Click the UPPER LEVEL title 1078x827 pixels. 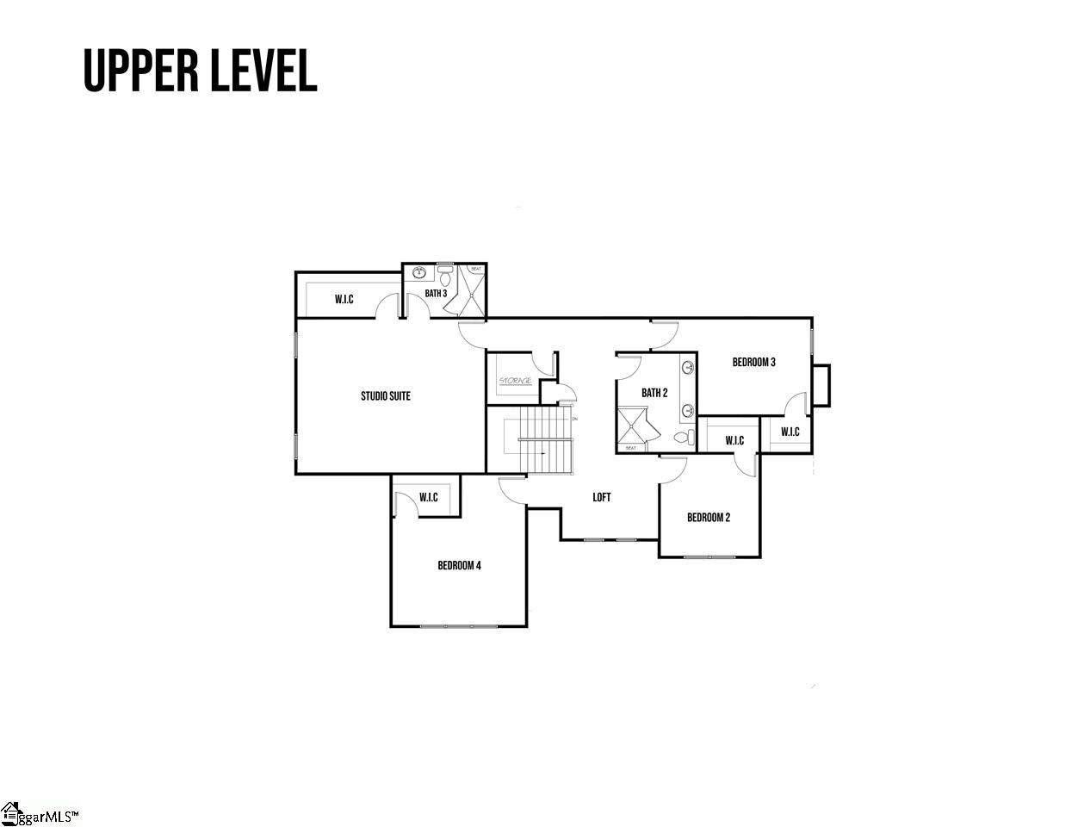pos(200,71)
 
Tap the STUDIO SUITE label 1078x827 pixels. pos(385,396)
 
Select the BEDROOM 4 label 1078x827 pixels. pos(459,565)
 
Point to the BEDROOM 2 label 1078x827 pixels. pos(709,518)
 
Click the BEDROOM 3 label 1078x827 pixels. pos(753,363)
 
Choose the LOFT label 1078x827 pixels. pos(602,497)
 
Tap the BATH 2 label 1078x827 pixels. pos(654,393)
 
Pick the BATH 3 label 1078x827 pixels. pos(436,294)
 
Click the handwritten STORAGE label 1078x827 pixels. pos(516,381)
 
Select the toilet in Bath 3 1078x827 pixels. pos(445,277)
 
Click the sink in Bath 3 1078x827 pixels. pos(420,274)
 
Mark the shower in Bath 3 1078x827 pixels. pos(473,290)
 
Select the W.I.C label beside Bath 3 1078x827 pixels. pos(344,300)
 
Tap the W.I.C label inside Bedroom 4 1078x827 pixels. pos(428,498)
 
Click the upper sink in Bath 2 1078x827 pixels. pos(688,369)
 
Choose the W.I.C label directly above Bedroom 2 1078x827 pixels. pos(734,441)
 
